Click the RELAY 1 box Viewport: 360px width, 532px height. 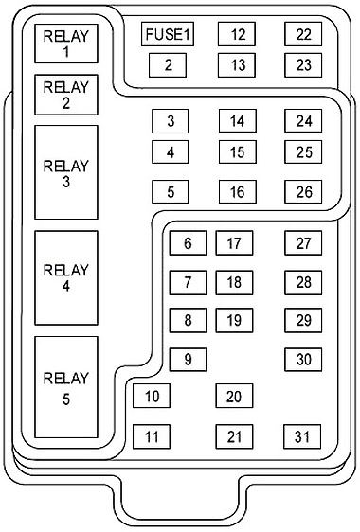pos(66,44)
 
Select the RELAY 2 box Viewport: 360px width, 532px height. pos(66,95)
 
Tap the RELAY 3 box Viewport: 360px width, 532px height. pos(66,172)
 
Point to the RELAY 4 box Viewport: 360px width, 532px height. pos(66,278)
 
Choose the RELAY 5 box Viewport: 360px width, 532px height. pos(66,387)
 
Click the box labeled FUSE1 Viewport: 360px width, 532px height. pos(168,34)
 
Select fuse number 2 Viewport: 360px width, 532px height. pos(168,65)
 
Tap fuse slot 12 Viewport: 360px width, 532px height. pos(237,34)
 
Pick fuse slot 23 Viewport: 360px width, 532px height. pos(303,65)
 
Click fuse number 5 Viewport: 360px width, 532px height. pos(171,192)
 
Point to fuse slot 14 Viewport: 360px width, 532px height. pos(238,121)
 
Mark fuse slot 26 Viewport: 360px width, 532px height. pos(303,192)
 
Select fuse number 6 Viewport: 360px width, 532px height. pos(188,243)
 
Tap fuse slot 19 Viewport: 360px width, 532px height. pos(234,320)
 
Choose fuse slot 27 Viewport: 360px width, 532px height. pos(303,243)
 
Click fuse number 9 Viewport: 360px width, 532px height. pos(188,360)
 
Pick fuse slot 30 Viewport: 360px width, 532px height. pos(303,360)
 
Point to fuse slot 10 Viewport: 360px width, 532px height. pos(152,396)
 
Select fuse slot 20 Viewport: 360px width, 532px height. pos(234,396)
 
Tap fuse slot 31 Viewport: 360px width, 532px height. pos(302,436)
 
